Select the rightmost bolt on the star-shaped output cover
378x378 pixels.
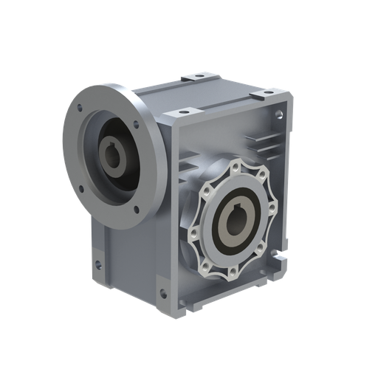[x=272, y=216]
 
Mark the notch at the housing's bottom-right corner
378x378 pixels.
[x=281, y=261]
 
